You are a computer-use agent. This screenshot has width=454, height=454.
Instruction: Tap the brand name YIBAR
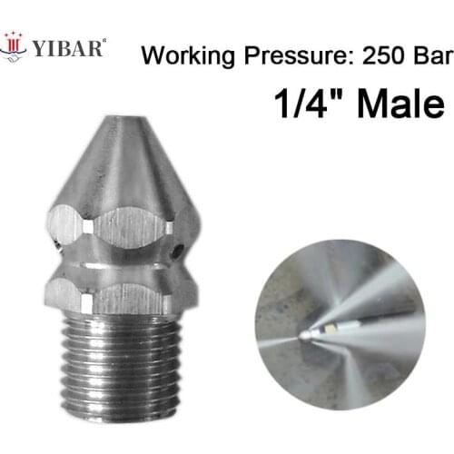68,46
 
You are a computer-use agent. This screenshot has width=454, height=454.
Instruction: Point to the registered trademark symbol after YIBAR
104,39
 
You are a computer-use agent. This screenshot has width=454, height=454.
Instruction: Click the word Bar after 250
430,56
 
